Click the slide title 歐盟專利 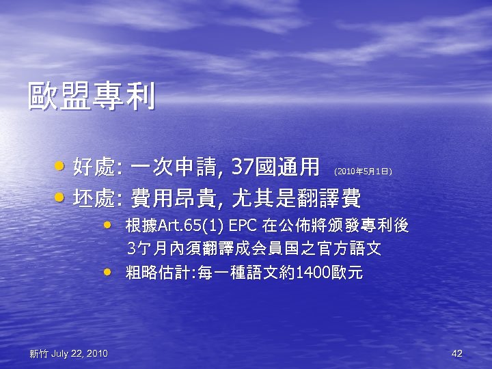coord(91,97)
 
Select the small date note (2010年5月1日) coord(363,170)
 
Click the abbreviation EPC coord(243,225)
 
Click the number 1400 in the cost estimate coord(307,273)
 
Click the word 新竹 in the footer coord(39,353)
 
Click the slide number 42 coord(457,353)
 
